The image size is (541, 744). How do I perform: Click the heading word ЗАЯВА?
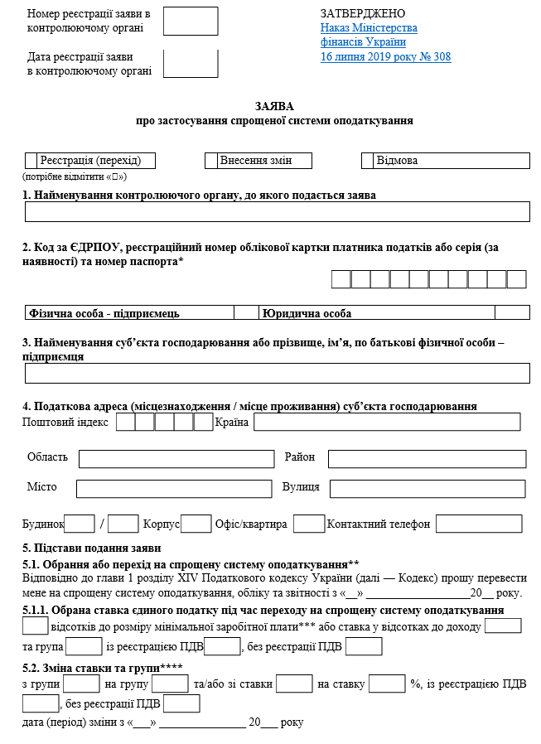pos(274,107)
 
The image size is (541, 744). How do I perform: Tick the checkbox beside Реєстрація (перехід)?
pos(31,161)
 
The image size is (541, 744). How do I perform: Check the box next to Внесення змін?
pos(211,161)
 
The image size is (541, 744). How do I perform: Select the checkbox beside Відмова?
pos(368,161)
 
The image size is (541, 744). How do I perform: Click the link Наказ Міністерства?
pos(368,28)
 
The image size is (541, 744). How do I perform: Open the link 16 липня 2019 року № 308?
pos(385,57)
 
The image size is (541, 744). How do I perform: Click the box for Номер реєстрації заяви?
pos(191,22)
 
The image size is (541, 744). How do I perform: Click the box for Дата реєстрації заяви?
pos(191,64)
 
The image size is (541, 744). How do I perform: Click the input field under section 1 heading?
pos(277,212)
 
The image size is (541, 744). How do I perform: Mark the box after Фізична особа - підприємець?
pos(246,313)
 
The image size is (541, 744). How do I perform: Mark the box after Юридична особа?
pos(512,313)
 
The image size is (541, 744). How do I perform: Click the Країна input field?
pos(387,423)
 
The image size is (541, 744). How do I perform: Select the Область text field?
pos(176,458)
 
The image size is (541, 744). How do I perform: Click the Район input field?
pos(426,458)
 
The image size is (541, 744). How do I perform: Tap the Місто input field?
pos(174,488)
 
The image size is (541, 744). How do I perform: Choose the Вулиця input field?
pos(428,488)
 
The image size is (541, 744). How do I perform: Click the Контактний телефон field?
pos(479,524)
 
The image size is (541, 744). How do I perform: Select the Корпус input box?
pos(196,524)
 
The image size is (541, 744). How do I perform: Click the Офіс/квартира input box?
pos(309,524)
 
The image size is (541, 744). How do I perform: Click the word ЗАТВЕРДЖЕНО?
pos(362,14)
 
